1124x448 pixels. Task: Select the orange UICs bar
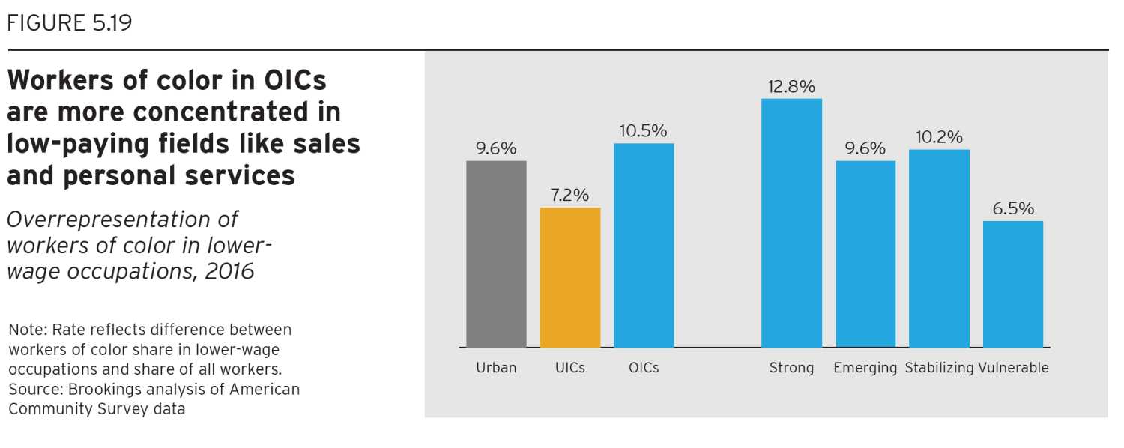coord(569,277)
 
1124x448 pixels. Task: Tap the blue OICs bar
coord(644,245)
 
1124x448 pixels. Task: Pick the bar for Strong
coord(791,223)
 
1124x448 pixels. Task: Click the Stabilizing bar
coord(939,248)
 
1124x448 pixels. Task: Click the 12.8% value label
coord(791,87)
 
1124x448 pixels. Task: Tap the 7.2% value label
coord(569,196)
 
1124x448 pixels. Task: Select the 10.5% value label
coord(643,131)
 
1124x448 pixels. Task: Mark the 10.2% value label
coord(939,138)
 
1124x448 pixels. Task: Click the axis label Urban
coord(496,368)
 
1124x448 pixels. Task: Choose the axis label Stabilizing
coord(939,368)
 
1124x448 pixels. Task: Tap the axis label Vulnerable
coord(1013,368)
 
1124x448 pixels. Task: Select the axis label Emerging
coord(865,368)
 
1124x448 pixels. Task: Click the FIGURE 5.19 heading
coord(69,23)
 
